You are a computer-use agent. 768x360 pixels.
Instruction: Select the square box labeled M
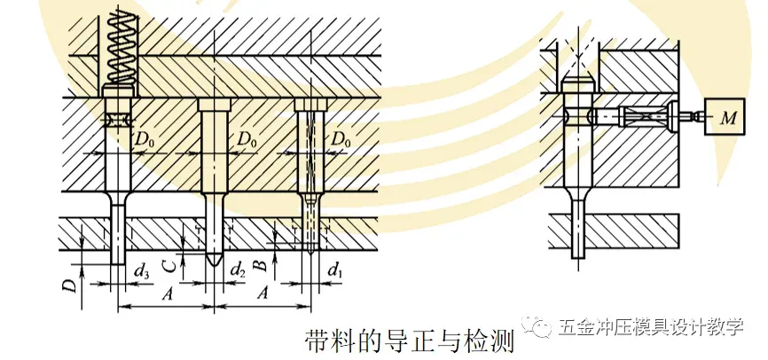[x=725, y=116]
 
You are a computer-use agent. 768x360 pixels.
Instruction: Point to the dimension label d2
[x=238, y=267]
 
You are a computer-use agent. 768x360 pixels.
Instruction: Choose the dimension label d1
[x=334, y=267]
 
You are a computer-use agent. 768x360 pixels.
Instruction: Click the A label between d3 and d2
[x=165, y=293]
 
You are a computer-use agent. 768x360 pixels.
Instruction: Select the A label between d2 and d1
[x=263, y=293]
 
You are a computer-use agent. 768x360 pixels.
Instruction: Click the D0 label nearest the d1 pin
[x=341, y=140]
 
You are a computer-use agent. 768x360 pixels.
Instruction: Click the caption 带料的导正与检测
[x=409, y=340]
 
